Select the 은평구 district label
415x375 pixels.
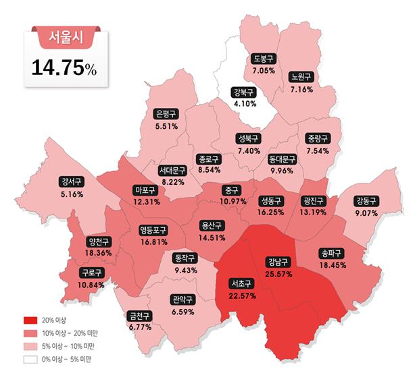click(x=166, y=113)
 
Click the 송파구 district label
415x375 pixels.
click(x=331, y=254)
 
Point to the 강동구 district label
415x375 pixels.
click(x=366, y=200)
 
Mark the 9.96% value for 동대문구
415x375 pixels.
click(x=283, y=171)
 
